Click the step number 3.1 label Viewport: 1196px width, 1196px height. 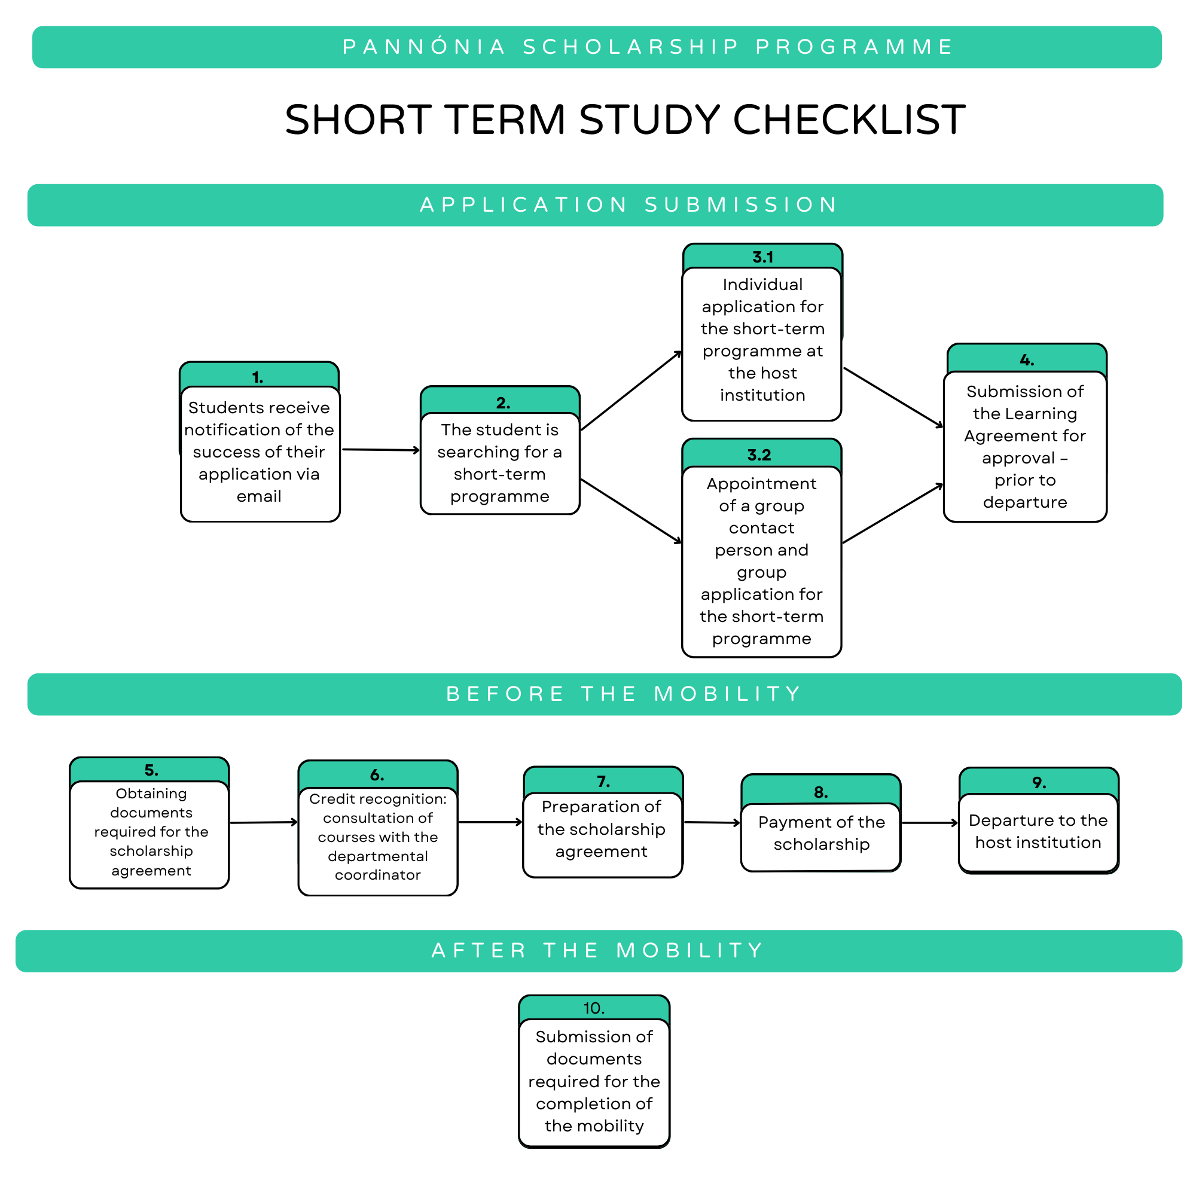762,257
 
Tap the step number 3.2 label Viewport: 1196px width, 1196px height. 759,455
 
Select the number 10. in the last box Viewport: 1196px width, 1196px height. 594,1008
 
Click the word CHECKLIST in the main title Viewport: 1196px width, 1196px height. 849,120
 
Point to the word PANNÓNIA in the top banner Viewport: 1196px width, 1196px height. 424,47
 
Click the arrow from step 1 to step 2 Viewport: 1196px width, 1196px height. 381,450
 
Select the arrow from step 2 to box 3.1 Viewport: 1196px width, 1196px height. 631,391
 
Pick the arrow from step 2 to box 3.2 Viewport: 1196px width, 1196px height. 631,511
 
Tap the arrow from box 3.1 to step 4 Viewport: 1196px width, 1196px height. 893,398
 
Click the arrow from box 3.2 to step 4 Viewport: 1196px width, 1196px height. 893,514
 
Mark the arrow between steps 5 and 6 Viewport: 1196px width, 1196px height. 264,823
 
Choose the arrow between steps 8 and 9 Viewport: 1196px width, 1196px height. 930,823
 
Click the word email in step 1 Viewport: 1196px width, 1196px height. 259,496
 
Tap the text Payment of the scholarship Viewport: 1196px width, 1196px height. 822,833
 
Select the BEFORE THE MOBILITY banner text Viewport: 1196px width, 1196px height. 623,694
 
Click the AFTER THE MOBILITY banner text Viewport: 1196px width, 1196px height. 598,950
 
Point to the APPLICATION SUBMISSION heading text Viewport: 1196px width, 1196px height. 629,205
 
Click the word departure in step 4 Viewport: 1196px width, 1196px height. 1024,502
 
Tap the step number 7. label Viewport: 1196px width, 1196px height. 603,782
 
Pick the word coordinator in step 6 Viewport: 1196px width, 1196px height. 377,875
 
